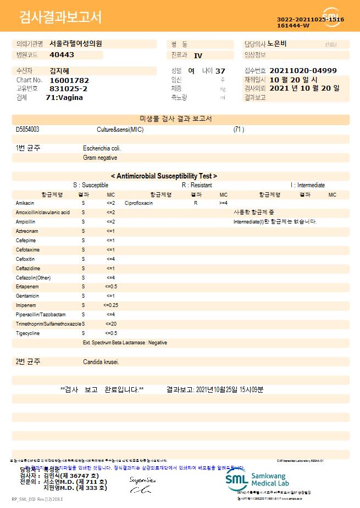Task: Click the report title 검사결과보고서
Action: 60,18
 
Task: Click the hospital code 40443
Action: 62,55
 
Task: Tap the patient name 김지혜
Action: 59,71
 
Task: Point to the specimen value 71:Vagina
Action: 64,97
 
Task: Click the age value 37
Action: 220,71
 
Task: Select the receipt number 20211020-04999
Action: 303,71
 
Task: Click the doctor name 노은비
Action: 277,43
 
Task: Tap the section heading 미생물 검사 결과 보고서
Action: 180,119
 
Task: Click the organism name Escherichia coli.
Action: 102,148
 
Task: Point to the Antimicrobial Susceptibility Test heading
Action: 164,176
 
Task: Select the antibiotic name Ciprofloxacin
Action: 139,203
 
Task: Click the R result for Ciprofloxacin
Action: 196,203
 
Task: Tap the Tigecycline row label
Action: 27,333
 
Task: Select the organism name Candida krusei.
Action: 101,362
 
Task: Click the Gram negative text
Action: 100,158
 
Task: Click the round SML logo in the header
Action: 331,17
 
